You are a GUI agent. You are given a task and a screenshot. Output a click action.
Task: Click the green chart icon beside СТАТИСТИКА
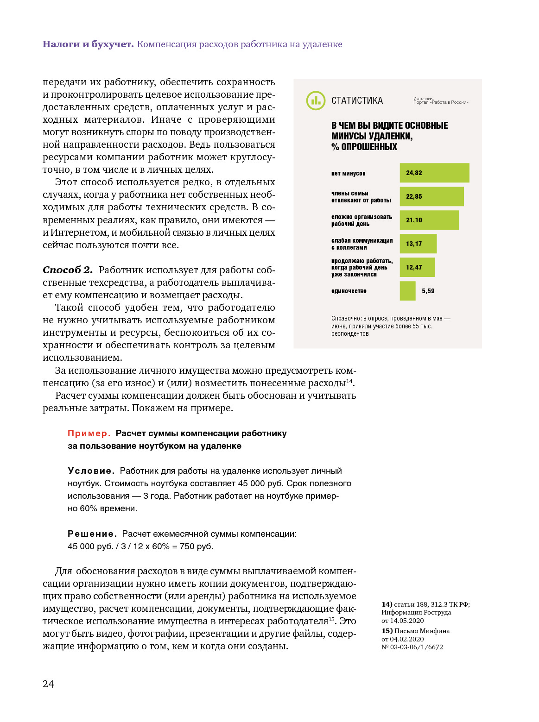tap(316, 100)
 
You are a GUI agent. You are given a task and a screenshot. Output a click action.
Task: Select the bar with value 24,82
tap(434, 173)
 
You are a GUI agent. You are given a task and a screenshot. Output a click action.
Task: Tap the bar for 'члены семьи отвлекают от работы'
tap(431, 196)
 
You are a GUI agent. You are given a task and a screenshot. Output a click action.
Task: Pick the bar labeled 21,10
tap(429, 220)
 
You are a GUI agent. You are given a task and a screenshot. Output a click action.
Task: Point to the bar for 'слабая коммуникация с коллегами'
tap(418, 244)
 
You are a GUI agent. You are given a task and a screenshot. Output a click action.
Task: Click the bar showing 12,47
tap(417, 267)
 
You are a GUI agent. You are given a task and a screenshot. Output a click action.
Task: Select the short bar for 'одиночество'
tap(407, 291)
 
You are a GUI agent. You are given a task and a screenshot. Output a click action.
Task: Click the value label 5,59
tap(428, 291)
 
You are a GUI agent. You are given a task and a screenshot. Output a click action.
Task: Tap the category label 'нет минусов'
tap(348, 174)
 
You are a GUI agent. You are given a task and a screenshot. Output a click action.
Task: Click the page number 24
tap(48, 684)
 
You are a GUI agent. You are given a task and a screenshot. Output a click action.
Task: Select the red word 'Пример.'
tap(89, 433)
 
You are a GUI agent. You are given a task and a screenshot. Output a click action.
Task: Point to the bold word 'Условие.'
tap(91, 471)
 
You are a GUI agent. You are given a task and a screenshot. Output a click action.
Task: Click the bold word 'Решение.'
tap(92, 534)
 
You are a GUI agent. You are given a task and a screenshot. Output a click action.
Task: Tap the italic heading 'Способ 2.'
tap(68, 270)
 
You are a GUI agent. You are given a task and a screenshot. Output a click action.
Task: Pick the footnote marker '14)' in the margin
tap(387, 604)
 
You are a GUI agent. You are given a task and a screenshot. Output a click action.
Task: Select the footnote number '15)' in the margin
tap(387, 631)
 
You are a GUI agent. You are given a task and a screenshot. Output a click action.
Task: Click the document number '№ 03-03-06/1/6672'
tap(412, 647)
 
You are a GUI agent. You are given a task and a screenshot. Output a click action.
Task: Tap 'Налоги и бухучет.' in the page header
tap(88, 44)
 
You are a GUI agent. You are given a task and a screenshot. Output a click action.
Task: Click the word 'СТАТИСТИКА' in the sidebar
tap(357, 100)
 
